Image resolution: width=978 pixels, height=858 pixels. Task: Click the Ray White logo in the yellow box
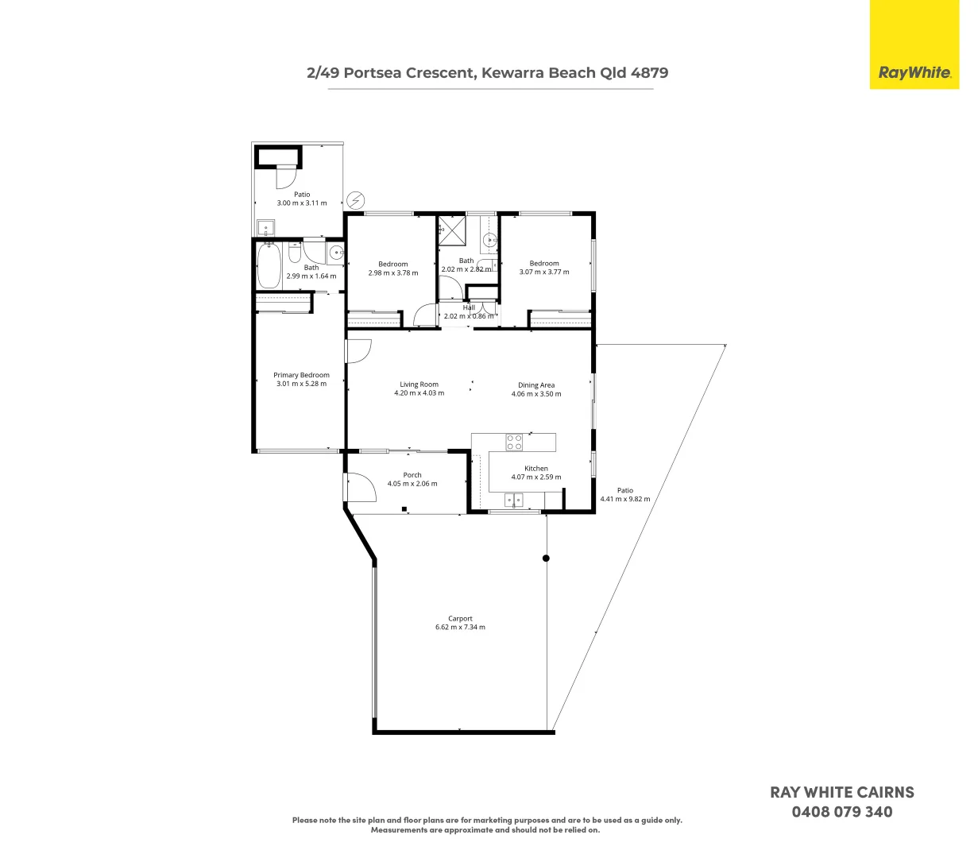(x=914, y=73)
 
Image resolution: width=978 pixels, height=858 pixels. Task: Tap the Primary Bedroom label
(x=301, y=375)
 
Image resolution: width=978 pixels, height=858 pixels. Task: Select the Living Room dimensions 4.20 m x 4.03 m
(x=419, y=393)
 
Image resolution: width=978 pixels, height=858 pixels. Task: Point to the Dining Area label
(x=536, y=385)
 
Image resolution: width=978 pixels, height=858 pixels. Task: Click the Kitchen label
(x=536, y=469)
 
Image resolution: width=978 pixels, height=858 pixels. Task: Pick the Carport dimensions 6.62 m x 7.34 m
(x=460, y=628)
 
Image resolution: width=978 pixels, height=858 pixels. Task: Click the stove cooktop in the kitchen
(x=514, y=442)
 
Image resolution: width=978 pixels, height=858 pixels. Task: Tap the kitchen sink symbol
(x=514, y=500)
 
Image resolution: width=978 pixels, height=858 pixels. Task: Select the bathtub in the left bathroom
(x=269, y=266)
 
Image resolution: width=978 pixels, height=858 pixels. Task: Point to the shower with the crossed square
(x=454, y=231)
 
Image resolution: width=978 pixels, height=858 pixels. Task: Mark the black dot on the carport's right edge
(x=546, y=558)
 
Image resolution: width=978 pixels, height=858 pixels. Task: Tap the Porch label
(x=412, y=475)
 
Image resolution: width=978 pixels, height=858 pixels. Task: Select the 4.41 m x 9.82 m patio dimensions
(x=624, y=500)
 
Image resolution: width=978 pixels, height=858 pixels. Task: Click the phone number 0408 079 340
(x=841, y=812)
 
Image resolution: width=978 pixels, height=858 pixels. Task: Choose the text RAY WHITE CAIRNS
(x=841, y=792)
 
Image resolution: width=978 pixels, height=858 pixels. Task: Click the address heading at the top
(x=487, y=73)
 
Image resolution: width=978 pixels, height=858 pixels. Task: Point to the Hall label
(x=469, y=307)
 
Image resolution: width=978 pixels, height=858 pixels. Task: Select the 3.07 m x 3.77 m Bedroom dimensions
(x=544, y=272)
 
